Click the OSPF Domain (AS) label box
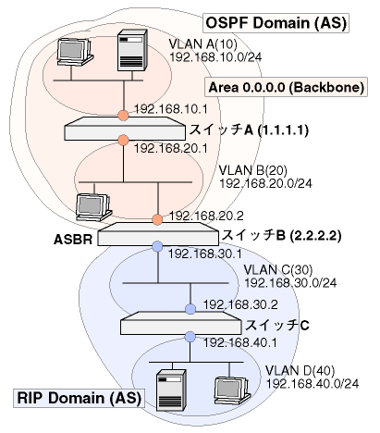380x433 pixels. pos(276,23)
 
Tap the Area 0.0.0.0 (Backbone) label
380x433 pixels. pos(287,87)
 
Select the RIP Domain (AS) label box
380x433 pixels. pos(79,398)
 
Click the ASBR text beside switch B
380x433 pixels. pos(73,240)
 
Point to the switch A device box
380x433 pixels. pos(125,129)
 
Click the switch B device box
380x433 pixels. pos(158,234)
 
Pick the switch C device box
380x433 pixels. pos(180,323)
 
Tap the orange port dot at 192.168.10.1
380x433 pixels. pos(123,116)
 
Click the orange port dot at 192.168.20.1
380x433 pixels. pos(123,140)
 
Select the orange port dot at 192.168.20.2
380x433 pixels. pos(157,220)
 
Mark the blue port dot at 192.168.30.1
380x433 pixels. pos(157,246)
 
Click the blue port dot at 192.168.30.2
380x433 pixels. pos(190,309)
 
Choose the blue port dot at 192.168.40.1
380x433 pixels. pos(190,337)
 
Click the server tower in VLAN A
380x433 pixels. pos(132,50)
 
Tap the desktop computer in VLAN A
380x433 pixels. pos(75,52)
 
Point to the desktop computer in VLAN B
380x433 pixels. pos(93,207)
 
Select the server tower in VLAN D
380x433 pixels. pos(171,390)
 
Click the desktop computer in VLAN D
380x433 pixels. pos(232,390)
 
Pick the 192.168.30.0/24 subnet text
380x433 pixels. pos(290,283)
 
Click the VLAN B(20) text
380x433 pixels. pos(252,170)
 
